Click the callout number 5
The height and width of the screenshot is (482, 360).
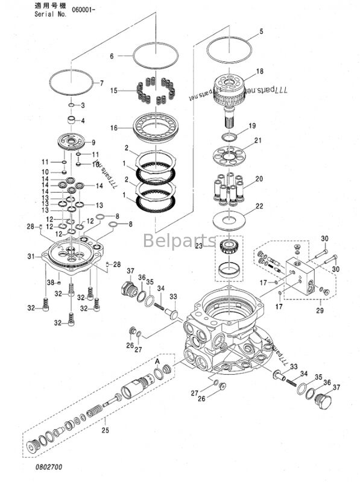coord(261,31)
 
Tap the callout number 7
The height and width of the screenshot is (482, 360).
coord(101,83)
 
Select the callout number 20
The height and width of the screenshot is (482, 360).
coord(259,179)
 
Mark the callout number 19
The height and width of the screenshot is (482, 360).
coord(253,126)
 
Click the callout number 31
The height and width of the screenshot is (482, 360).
coord(31,257)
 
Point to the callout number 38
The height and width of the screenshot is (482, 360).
coord(51,282)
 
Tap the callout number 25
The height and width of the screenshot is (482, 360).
coord(106,431)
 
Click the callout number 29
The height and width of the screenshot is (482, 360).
coord(320,311)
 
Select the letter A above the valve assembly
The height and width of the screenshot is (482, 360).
coord(157,360)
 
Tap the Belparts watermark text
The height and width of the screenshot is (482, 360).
coord(179,241)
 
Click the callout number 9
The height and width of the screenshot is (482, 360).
coord(93,143)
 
